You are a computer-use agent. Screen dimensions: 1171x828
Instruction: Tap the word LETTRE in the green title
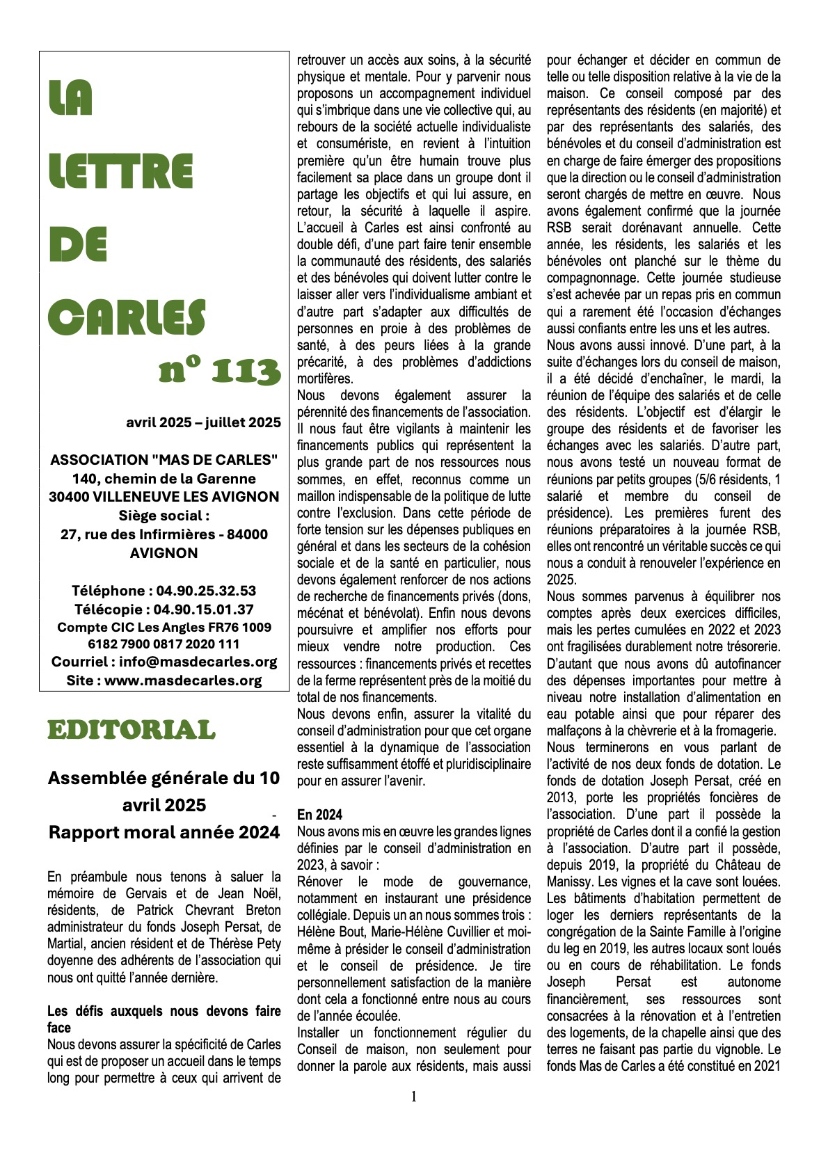point(121,173)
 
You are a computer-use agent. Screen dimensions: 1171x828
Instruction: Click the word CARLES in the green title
point(127,317)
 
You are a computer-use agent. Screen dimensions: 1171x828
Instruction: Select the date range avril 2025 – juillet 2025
point(203,422)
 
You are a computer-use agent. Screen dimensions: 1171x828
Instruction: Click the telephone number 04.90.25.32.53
point(206,591)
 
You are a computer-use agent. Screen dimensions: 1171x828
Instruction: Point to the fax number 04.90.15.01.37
point(203,610)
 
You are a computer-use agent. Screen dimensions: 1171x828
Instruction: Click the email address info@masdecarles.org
point(198,662)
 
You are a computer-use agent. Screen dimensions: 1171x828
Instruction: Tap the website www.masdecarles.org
point(183,680)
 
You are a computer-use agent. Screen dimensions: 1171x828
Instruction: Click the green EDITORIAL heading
point(132,730)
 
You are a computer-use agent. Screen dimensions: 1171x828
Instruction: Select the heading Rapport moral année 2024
point(164,832)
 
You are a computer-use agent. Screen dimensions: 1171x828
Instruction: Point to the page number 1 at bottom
point(414,1097)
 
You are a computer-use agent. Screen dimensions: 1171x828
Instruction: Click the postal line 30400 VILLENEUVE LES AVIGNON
point(164,497)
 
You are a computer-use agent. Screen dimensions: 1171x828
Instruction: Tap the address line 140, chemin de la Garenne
point(164,479)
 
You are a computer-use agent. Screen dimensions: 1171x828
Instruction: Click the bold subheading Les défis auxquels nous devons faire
point(164,1011)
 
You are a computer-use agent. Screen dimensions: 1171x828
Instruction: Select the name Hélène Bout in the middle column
point(327,932)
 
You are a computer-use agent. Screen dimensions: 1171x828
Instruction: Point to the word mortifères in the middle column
point(325,379)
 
